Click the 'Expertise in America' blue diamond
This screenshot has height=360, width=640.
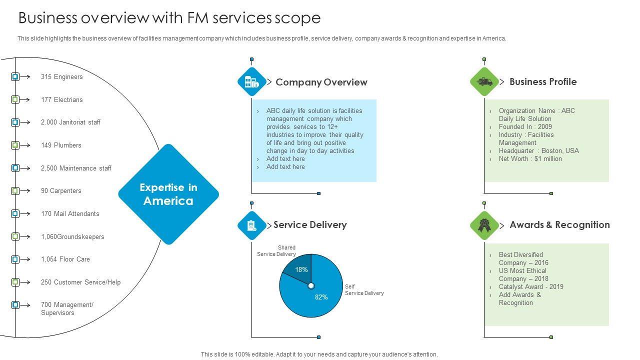168,194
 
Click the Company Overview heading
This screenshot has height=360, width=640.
321,82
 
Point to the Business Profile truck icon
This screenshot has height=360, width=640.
484,81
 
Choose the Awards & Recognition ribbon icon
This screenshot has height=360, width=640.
484,225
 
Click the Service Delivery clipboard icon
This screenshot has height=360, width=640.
251,225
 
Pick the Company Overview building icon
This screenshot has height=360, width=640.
251,82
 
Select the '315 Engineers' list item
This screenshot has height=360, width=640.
62,77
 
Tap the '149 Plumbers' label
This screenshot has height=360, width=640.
61,145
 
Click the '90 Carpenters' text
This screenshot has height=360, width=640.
61,191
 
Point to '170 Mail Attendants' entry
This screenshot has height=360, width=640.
70,214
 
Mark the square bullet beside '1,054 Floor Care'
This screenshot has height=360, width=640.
15,259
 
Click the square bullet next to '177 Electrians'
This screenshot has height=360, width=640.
15,99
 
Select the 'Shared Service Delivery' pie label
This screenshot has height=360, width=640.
279,251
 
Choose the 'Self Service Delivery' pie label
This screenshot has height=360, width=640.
364,290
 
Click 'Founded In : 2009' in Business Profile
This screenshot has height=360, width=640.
525,127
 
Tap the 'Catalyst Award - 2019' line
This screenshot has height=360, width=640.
531,287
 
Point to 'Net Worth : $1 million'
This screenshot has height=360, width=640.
530,159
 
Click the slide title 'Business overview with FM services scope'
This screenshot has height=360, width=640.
169,18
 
